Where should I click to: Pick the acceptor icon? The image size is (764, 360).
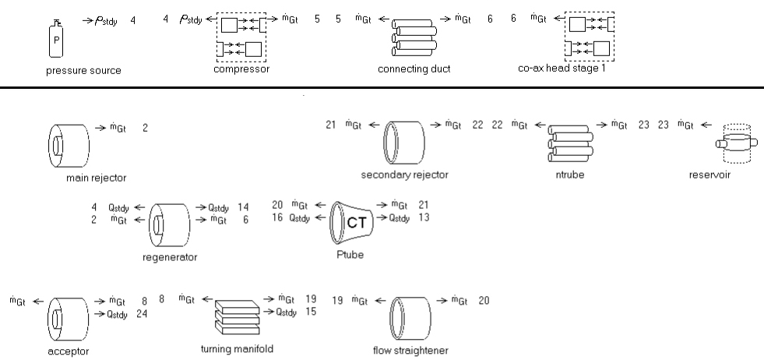tap(67, 318)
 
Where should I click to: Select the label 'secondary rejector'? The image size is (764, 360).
tap(405, 175)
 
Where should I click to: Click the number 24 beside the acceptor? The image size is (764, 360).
tap(145, 313)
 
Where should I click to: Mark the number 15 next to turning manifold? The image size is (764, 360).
tap(310, 312)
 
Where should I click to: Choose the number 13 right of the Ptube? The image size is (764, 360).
tap(424, 218)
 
